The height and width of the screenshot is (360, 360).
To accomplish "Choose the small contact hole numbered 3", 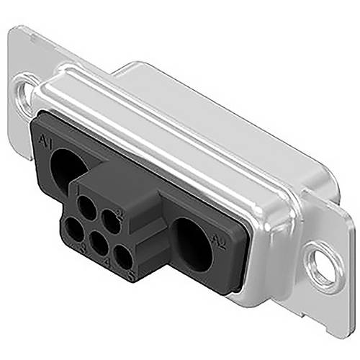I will [x=73, y=232].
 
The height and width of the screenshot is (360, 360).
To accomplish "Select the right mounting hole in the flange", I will [x=321, y=266].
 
